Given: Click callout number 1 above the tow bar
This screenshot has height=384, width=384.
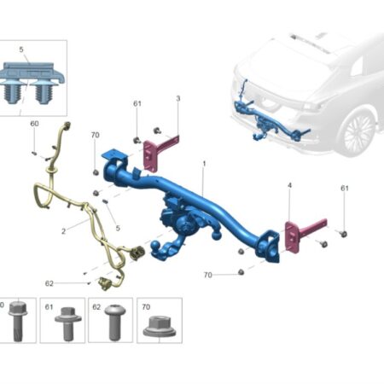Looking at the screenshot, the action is (x=204, y=164).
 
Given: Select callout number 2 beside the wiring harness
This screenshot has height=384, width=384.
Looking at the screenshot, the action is (x=63, y=231).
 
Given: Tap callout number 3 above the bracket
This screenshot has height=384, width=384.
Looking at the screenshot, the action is (x=178, y=99).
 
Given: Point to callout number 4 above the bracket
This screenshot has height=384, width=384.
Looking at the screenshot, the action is (x=289, y=185).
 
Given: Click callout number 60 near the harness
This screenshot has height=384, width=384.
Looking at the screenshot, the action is (x=34, y=124).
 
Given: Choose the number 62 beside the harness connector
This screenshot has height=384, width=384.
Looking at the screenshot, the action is (x=49, y=283).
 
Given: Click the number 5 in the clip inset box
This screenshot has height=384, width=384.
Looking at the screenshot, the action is (x=21, y=49).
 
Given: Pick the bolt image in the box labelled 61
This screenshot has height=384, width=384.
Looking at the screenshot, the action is (x=68, y=323).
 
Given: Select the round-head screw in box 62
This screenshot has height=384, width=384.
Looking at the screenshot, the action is (x=115, y=323).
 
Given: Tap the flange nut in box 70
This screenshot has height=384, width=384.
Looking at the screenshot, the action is (x=160, y=326).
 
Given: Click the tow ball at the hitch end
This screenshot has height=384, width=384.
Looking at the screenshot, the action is (x=156, y=247).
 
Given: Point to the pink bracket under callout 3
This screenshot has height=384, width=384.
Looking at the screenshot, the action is (x=158, y=151).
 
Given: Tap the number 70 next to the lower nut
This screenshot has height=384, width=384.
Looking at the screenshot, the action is (x=208, y=275).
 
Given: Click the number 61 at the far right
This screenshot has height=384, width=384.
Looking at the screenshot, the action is (x=345, y=189).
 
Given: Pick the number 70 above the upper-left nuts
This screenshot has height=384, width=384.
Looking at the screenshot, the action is (x=96, y=135).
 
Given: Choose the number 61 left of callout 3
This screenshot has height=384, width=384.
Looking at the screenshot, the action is (x=137, y=103).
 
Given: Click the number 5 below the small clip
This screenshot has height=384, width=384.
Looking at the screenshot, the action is (x=118, y=228).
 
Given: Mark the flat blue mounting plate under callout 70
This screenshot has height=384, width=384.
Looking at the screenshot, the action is (x=113, y=155).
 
